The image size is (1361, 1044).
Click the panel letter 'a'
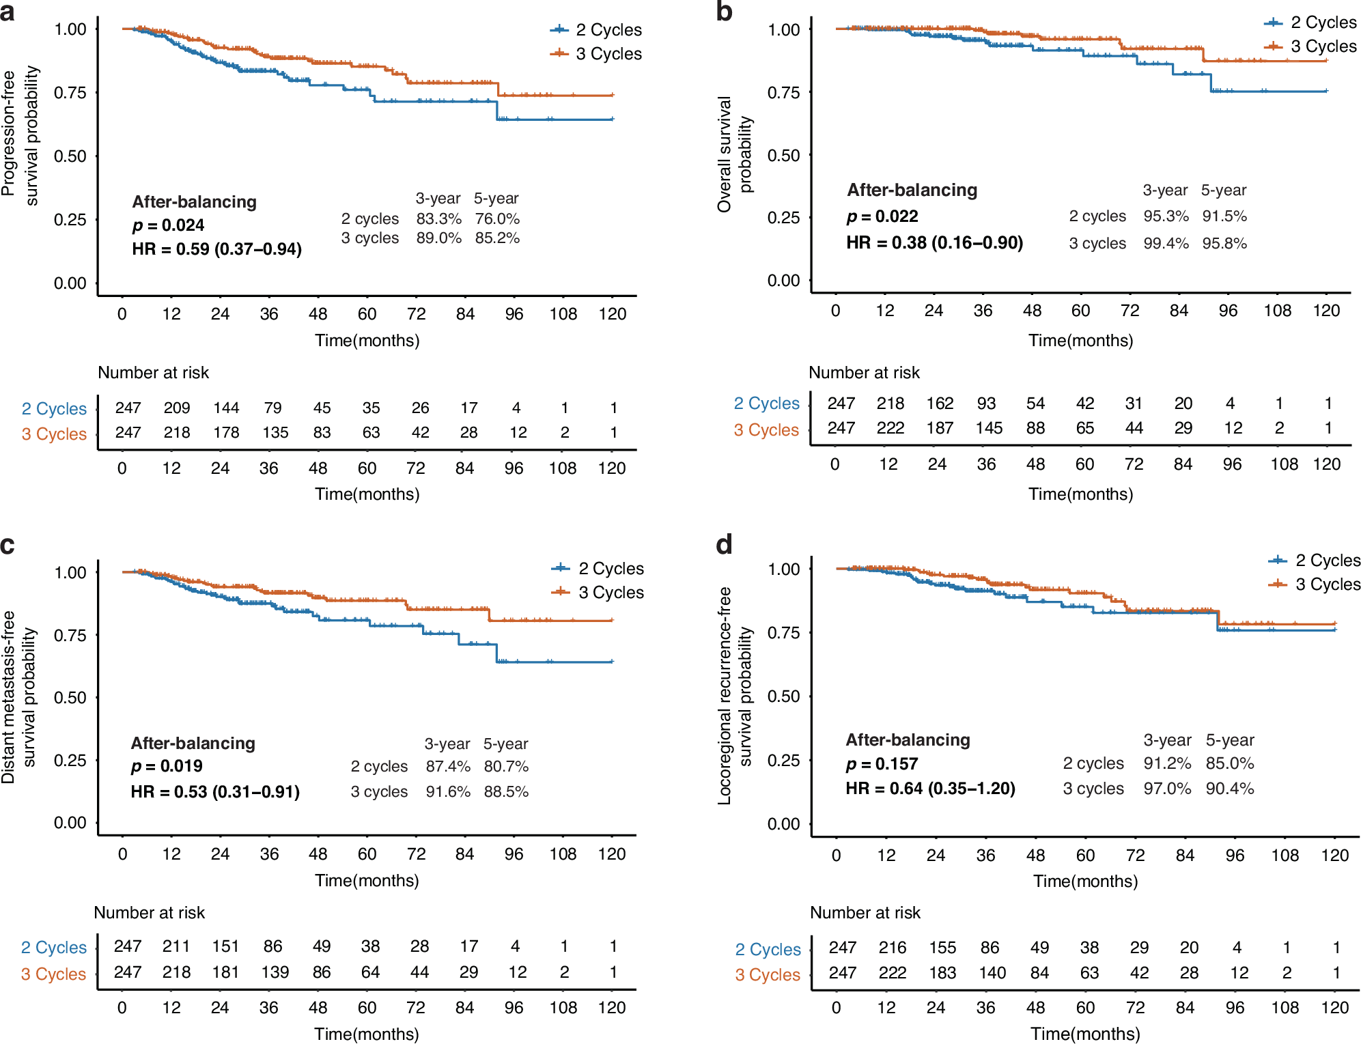[x=8, y=12]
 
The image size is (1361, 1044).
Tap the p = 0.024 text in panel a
[x=168, y=225]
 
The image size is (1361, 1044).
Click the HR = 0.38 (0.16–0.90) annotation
[x=934, y=243]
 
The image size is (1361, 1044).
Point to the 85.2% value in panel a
[x=497, y=238]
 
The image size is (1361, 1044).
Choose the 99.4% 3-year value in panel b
[x=1166, y=244]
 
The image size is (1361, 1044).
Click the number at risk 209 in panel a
[x=177, y=408]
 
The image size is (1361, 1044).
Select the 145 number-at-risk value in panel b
[x=988, y=428]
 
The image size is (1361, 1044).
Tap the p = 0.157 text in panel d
[x=882, y=764]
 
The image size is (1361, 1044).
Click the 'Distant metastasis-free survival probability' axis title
[x=18, y=696]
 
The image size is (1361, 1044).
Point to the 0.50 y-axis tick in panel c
[x=70, y=698]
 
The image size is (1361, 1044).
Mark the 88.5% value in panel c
[x=506, y=792]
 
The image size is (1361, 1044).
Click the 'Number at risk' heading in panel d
[x=865, y=913]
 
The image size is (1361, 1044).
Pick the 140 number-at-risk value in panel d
[x=992, y=973]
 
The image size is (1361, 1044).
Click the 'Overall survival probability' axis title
[x=734, y=154]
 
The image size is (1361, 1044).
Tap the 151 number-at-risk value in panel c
[x=225, y=946]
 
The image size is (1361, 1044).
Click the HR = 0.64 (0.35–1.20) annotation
[x=930, y=789]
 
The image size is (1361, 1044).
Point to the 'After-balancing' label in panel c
[x=193, y=744]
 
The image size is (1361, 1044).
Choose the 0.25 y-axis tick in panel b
[x=783, y=218]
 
